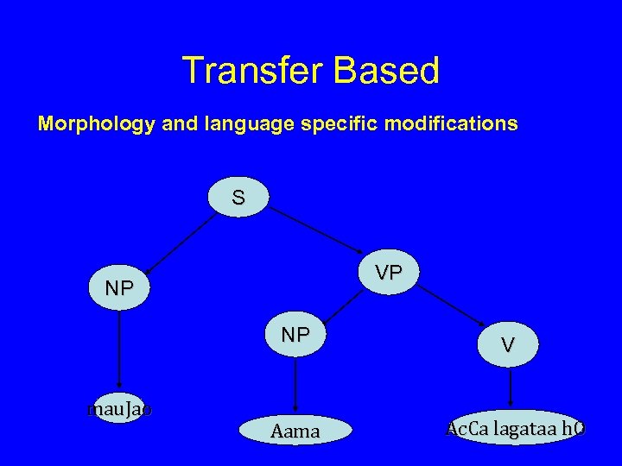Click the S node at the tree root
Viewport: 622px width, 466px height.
point(238,198)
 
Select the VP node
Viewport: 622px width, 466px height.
point(389,273)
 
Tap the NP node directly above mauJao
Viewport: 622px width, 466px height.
point(119,289)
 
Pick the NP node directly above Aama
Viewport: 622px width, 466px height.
point(295,335)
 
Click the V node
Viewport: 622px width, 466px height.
point(509,345)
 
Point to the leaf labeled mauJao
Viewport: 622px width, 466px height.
point(119,409)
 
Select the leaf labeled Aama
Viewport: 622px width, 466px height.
point(295,431)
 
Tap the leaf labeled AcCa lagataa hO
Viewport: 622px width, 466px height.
point(515,428)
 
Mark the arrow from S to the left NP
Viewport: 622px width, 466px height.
point(180,242)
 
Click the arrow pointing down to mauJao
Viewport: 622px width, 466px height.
point(119,350)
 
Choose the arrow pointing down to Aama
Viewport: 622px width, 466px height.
point(295,384)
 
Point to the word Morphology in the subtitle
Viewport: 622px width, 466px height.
point(95,124)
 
